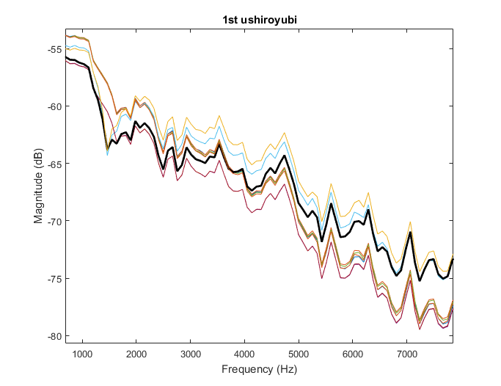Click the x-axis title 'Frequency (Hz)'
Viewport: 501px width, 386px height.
[259, 371]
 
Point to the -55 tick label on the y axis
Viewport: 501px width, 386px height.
[54, 49]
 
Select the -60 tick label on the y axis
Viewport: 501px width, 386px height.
[54, 106]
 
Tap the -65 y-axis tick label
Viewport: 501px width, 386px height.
[54, 164]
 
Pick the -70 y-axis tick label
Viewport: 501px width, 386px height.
[54, 221]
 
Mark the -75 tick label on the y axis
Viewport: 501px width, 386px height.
[54, 278]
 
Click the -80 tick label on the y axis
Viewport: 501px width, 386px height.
[54, 335]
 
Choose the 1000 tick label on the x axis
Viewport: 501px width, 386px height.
[82, 354]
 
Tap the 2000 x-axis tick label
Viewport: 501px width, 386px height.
[136, 354]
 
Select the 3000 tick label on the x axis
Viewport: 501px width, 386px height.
[191, 354]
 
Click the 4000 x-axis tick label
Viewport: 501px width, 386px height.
[244, 354]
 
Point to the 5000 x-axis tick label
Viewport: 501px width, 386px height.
[299, 354]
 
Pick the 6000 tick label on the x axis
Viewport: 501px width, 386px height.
[353, 354]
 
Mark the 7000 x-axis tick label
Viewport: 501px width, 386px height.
[407, 354]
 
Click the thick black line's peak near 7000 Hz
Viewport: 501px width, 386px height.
[410, 233]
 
